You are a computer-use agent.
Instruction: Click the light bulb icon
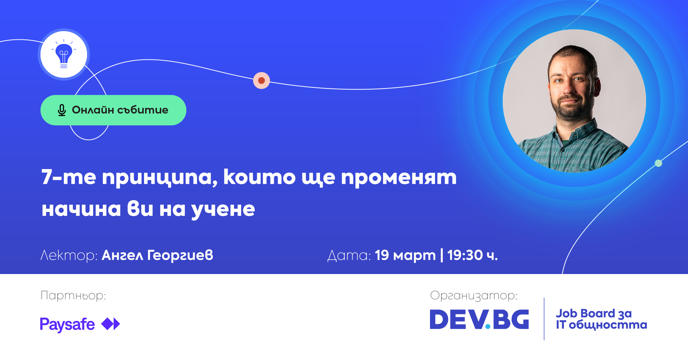pos(64,54)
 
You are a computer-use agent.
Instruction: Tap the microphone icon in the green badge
pos(62,110)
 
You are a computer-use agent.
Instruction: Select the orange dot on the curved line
pos(262,80)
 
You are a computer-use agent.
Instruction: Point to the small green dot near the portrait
pos(658,163)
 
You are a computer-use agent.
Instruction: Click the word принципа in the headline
pos(159,178)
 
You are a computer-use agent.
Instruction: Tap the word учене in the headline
pos(223,210)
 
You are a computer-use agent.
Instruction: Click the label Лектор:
pos(69,255)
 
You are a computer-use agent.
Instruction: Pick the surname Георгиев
pos(180,256)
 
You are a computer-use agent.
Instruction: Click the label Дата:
pos(349,255)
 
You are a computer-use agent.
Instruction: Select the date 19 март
pos(405,256)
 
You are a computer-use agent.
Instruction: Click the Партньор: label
pos(73,296)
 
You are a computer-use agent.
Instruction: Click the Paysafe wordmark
pos(67,325)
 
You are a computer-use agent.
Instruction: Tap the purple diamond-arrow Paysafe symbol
pos(111,324)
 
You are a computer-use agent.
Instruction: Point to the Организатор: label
pos(474,296)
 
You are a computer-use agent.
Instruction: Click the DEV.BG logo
pos(479,319)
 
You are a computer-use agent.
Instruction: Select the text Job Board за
pos(594,313)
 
